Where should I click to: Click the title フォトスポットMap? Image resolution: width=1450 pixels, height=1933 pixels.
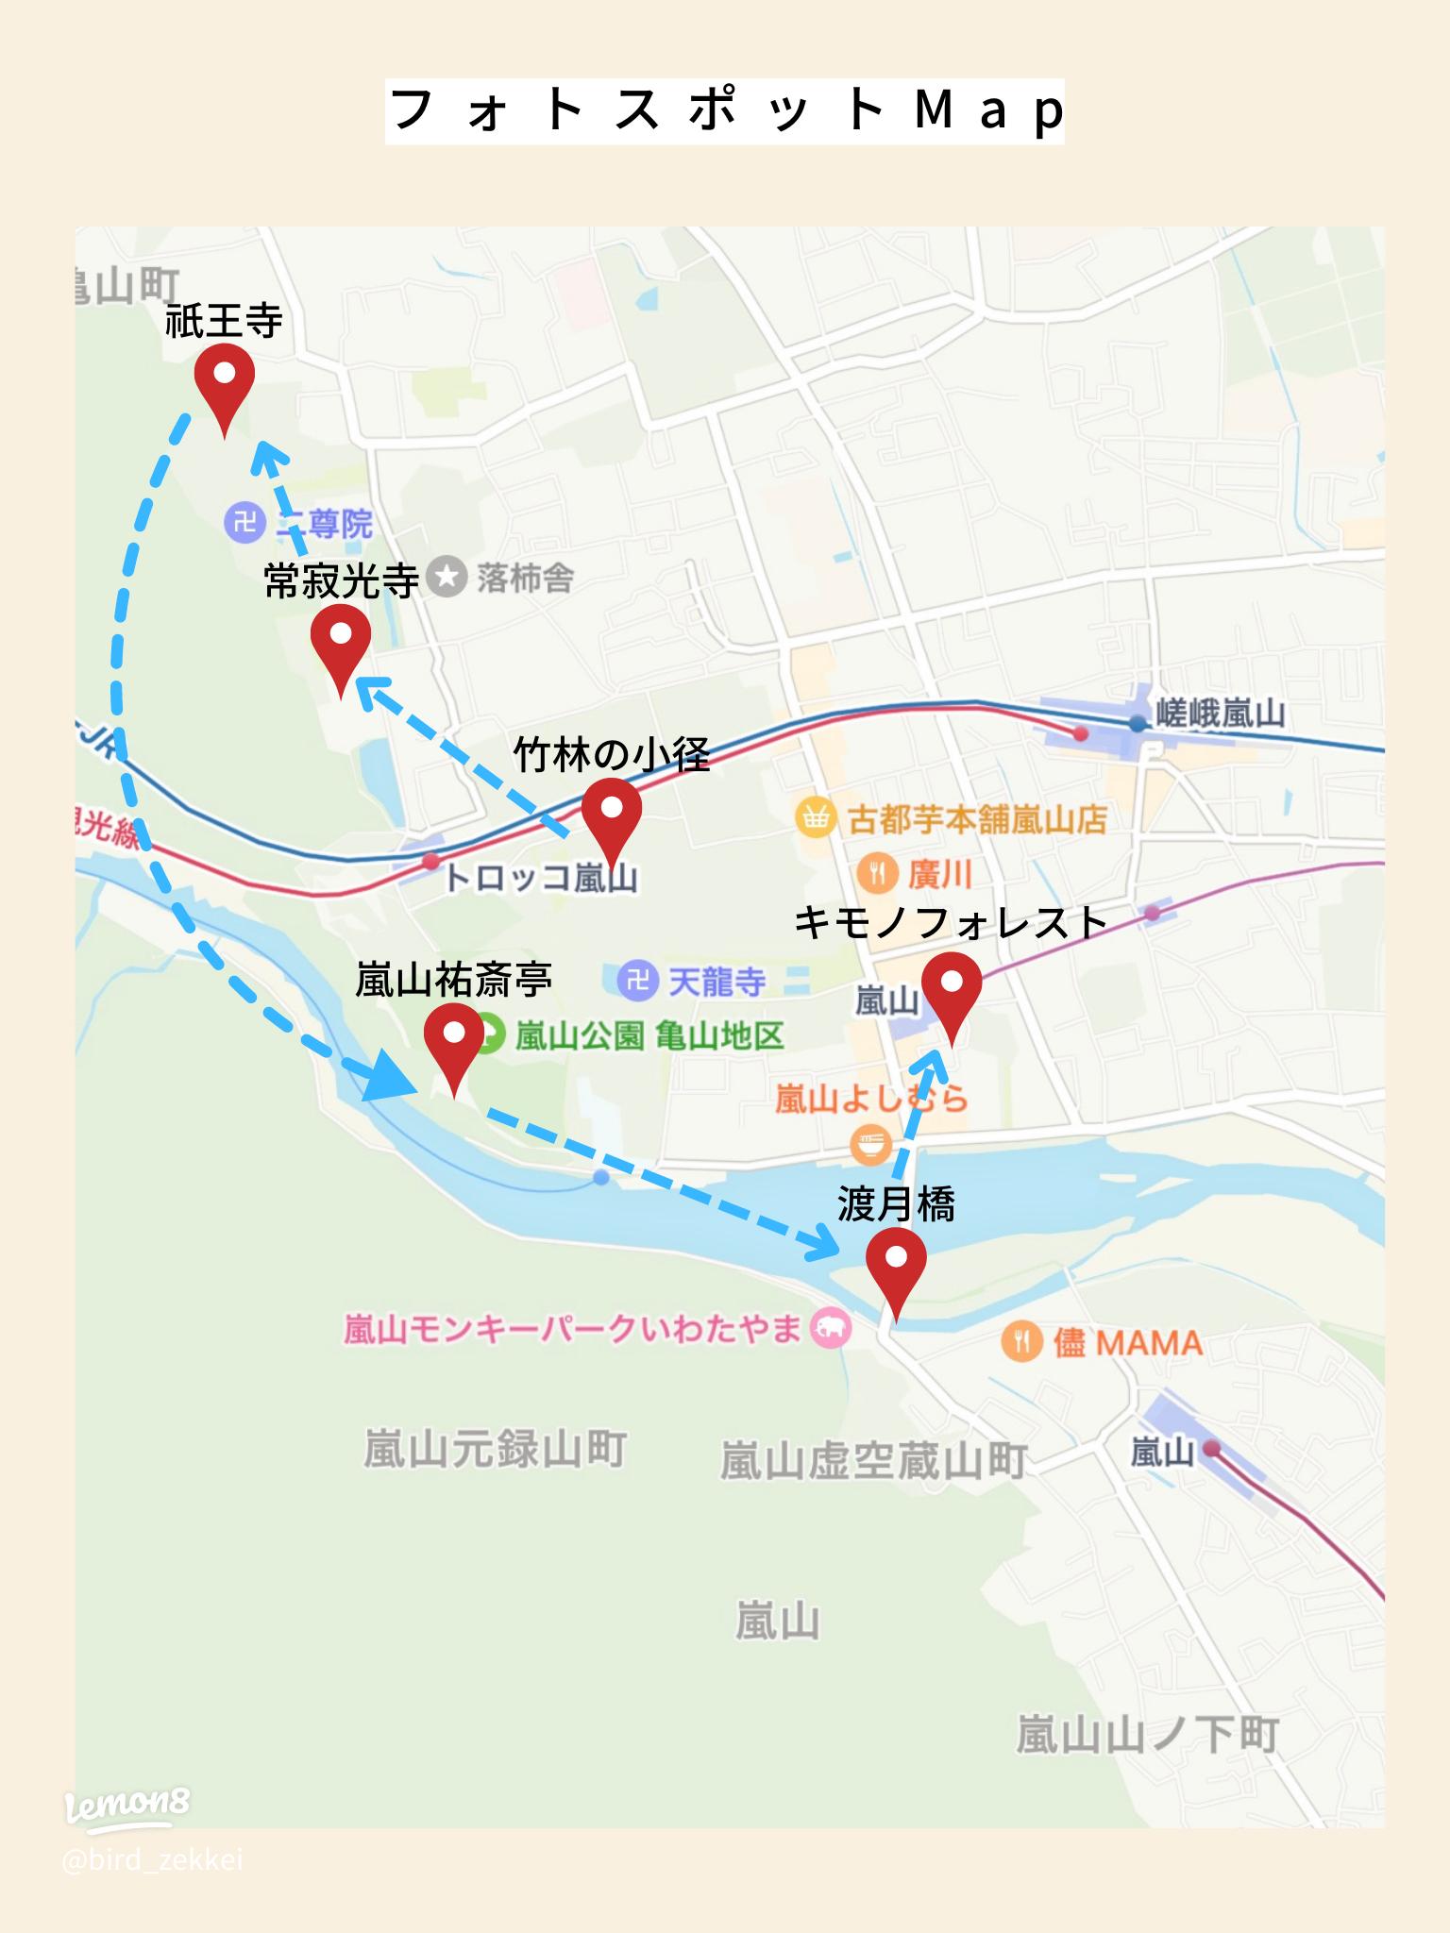(724, 111)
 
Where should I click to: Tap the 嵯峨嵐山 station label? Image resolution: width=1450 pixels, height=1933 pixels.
(1220, 714)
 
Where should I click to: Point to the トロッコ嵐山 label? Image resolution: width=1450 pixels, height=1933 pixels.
(540, 878)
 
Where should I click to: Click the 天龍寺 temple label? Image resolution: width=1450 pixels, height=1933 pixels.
(717, 982)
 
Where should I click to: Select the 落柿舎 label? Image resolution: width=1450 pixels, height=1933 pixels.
(525, 578)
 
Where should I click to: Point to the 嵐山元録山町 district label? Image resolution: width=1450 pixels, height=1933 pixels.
(495, 1449)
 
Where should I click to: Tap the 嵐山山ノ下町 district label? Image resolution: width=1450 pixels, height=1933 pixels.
(1147, 1735)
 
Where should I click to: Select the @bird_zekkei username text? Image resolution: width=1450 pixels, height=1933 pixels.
(152, 1860)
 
